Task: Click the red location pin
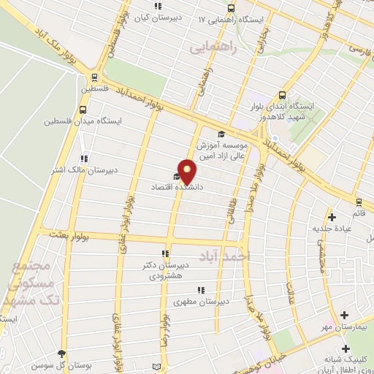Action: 187,171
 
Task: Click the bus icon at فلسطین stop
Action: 94,78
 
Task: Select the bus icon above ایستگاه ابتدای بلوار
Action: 283,95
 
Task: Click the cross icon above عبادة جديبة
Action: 332,216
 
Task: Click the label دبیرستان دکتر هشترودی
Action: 169,270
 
